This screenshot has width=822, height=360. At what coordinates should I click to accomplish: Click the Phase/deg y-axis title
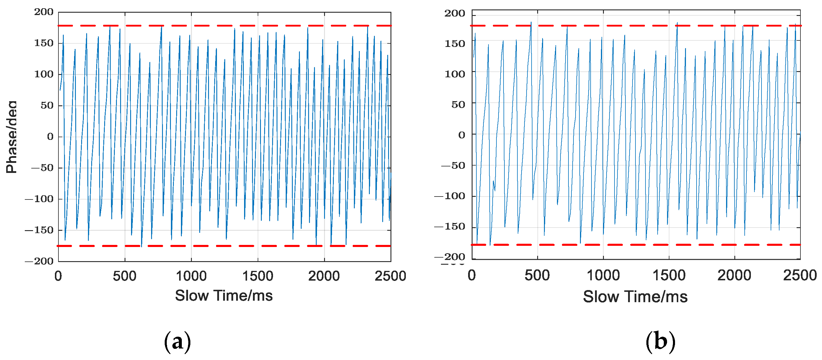pyautogui.click(x=12, y=137)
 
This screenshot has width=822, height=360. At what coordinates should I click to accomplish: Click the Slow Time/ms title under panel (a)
pyautogui.click(x=224, y=296)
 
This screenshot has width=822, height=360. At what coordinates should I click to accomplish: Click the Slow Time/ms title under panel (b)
pyautogui.click(x=635, y=297)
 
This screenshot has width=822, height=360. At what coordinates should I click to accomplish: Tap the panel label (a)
pyautogui.click(x=177, y=341)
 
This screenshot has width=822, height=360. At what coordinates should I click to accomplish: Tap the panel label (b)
pyautogui.click(x=660, y=341)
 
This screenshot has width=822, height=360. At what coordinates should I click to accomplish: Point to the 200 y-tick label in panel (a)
pyautogui.click(x=44, y=12)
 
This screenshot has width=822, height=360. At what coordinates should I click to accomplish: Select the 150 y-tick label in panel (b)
pyautogui.click(x=455, y=43)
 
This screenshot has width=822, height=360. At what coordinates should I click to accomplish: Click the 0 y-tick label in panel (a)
pyautogui.click(x=50, y=137)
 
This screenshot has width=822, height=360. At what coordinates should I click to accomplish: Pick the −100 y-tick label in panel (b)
pyautogui.click(x=450, y=196)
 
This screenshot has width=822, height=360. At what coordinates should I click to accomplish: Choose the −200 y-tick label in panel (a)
pyautogui.click(x=39, y=261)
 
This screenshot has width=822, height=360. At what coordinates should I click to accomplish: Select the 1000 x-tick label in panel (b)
pyautogui.click(x=603, y=275)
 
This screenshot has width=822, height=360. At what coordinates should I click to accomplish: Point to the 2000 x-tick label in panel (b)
pyautogui.click(x=734, y=275)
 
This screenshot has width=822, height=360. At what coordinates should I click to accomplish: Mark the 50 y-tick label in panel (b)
pyautogui.click(x=458, y=105)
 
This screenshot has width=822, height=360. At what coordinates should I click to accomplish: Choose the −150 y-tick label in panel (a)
pyautogui.click(x=39, y=230)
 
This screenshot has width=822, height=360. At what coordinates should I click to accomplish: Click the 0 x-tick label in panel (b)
pyautogui.click(x=472, y=275)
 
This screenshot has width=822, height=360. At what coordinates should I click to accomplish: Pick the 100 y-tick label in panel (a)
pyautogui.click(x=44, y=74)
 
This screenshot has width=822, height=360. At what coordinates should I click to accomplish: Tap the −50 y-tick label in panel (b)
pyautogui.click(x=453, y=166)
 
